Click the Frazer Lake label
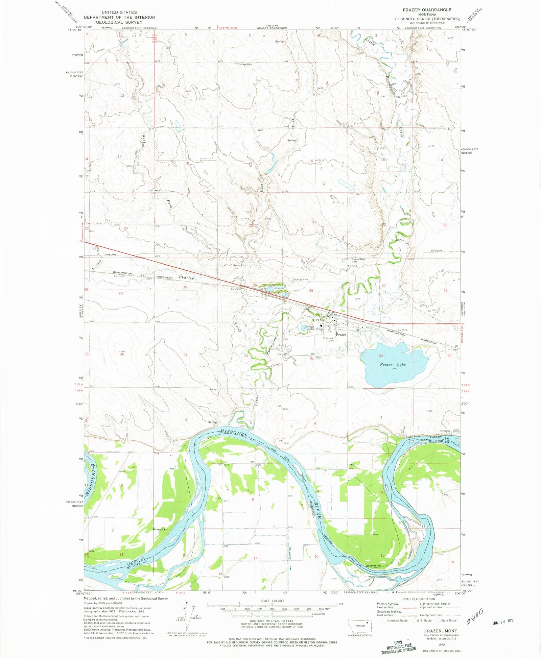[393, 365]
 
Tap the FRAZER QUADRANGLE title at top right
[427, 10]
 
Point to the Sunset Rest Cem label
[358, 260]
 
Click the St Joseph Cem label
[328, 339]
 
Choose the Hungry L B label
[161, 529]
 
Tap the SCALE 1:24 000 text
[272, 601]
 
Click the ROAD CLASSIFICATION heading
[419, 599]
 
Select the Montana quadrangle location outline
[360, 626]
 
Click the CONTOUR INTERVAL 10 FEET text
[272, 621]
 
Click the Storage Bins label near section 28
[300, 279]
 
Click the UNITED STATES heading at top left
[119, 12]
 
